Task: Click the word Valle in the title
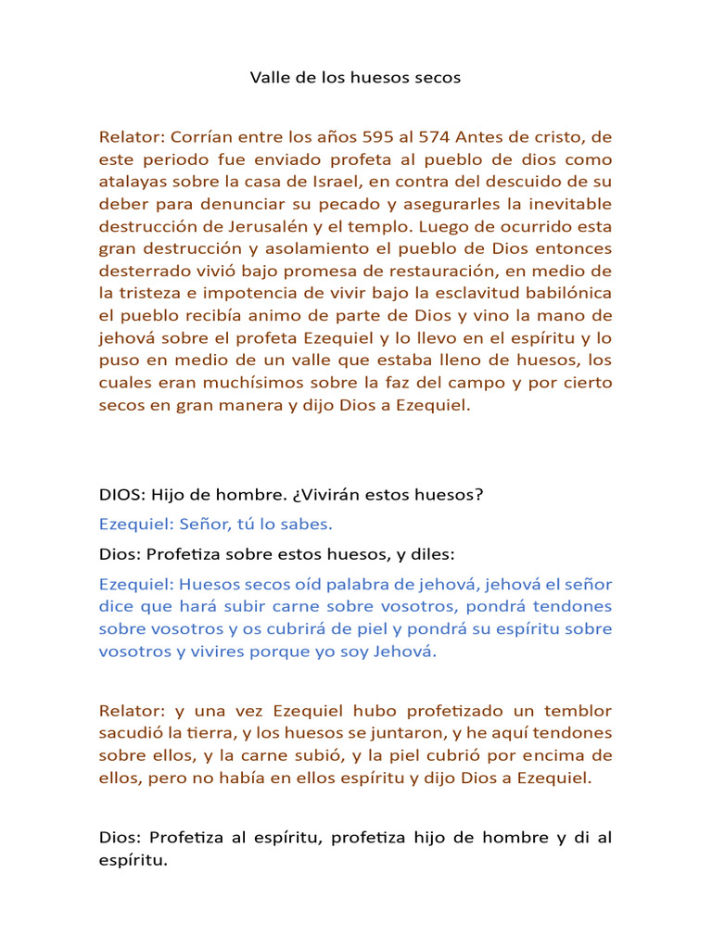(269, 78)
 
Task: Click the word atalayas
(133, 182)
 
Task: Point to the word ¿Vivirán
(320, 495)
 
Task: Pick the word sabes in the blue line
(305, 525)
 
